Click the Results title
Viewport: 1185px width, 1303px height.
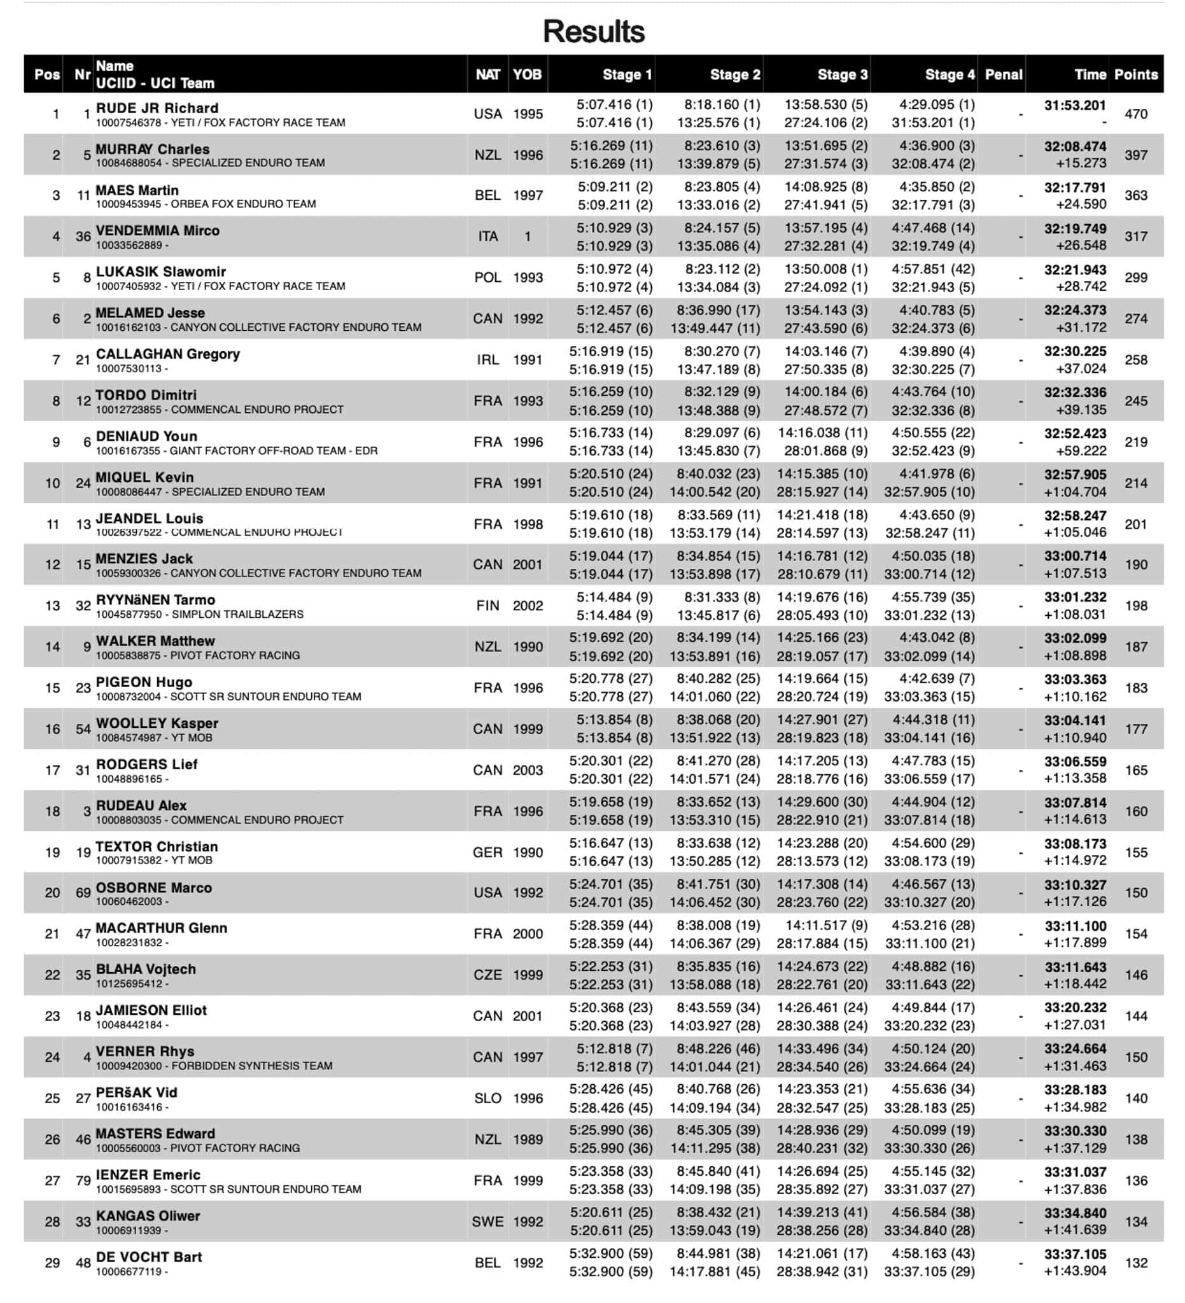click(x=594, y=31)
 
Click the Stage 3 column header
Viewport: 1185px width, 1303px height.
click(x=842, y=74)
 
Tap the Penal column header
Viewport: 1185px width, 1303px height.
click(x=1003, y=74)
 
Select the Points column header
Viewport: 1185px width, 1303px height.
click(x=1135, y=74)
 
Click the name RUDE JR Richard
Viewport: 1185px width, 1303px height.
click(x=157, y=108)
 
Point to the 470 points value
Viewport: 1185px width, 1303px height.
click(x=1135, y=115)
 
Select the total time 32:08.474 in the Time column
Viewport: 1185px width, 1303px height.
click(x=1074, y=147)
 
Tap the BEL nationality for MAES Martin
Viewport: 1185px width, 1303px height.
click(x=487, y=195)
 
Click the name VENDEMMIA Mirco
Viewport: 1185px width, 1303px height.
click(x=158, y=231)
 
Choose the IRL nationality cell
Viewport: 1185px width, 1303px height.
click(x=487, y=360)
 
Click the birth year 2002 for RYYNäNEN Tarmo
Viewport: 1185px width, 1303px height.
click(x=528, y=606)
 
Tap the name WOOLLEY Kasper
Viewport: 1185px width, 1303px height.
click(x=157, y=723)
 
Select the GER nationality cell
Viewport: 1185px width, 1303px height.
click(x=487, y=853)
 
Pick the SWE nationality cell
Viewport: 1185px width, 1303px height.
click(x=487, y=1222)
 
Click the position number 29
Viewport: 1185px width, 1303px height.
click(x=52, y=1263)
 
